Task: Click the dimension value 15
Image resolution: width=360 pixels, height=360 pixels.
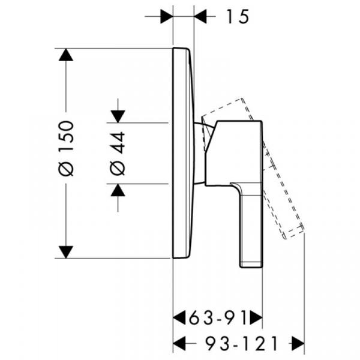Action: click(238, 17)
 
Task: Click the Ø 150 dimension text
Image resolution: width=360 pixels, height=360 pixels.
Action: click(67, 148)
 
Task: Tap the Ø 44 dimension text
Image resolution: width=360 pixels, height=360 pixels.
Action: click(118, 154)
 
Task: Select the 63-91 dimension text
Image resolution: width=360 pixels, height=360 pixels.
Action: click(217, 318)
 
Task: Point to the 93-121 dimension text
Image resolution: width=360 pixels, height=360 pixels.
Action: click(241, 343)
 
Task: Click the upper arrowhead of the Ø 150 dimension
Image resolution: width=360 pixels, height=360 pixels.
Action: click(66, 55)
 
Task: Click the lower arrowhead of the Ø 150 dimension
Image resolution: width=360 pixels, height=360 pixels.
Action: click(66, 252)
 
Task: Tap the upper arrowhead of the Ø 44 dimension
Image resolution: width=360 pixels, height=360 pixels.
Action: click(118, 116)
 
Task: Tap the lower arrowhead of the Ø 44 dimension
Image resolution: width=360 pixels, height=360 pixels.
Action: click(118, 190)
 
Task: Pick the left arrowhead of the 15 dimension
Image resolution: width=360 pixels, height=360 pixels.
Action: click(166, 17)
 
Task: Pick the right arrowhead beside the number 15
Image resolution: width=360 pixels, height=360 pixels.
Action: click(200, 17)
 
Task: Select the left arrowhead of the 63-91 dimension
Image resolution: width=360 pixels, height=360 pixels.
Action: click(179, 318)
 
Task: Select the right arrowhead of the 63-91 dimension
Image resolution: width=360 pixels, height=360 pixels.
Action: click(256, 318)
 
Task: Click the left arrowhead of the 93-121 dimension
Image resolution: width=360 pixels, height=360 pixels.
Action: click(179, 343)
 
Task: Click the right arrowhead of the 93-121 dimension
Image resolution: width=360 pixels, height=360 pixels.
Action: click(298, 343)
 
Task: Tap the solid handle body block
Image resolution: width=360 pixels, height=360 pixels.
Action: click(234, 152)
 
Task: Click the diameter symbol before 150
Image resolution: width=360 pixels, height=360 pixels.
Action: click(67, 169)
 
